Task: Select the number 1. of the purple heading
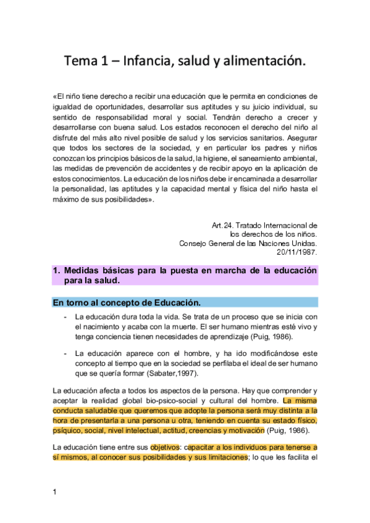tap(56, 270)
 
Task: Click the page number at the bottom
tap(55, 492)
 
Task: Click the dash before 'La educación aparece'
tap(65, 354)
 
